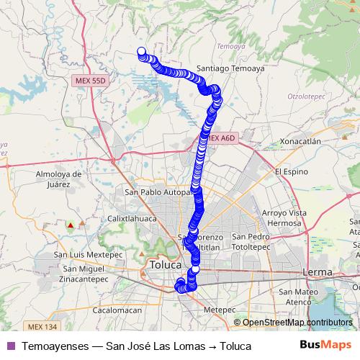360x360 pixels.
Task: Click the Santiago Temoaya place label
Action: click(238, 68)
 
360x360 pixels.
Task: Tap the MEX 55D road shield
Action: click(90, 81)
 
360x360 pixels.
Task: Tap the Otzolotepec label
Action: click(308, 95)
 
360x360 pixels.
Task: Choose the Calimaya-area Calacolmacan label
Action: click(117, 310)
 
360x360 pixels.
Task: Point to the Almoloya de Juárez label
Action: click(55, 179)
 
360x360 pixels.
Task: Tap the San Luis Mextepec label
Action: click(81, 254)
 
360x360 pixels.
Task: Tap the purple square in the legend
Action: click(10, 346)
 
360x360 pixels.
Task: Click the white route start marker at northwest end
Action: click(141, 51)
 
